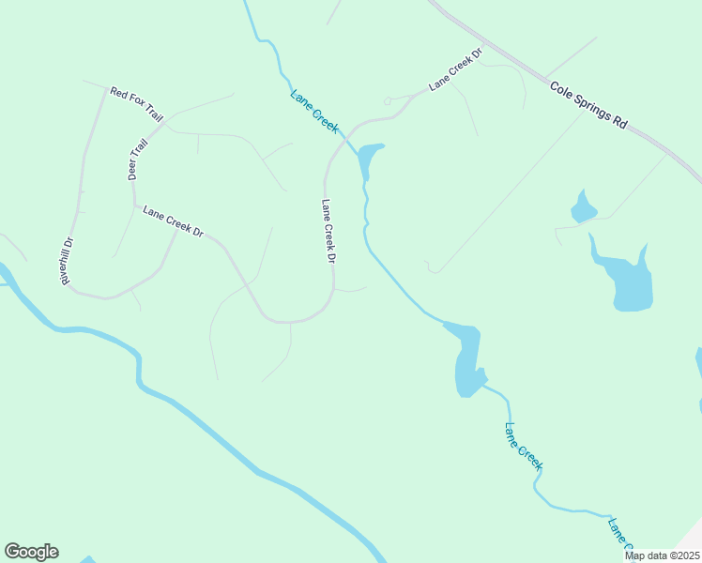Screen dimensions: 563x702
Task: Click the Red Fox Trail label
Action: coord(136,105)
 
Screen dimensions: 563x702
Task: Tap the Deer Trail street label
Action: coord(138,160)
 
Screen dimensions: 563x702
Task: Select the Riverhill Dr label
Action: coord(67,261)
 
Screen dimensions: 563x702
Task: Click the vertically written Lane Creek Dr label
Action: coord(328,231)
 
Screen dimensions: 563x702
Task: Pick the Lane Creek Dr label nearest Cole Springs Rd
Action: coord(455,70)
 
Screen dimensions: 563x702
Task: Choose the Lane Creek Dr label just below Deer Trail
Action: coord(173,221)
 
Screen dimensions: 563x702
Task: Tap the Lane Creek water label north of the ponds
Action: coord(313,112)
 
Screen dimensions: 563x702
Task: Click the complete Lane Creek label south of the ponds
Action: coord(524,447)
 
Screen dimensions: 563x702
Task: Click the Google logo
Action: coord(31,552)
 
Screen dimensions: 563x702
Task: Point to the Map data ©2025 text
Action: coord(661,555)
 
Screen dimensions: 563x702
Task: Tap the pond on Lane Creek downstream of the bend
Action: coord(467,361)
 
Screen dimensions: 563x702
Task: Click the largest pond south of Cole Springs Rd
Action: coord(629,281)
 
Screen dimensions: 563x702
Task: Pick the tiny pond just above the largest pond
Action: coord(583,208)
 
